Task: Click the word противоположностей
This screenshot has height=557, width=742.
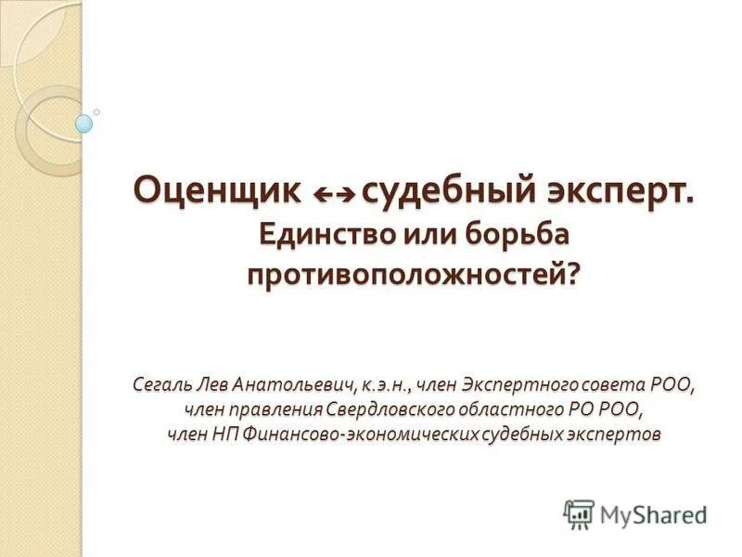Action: pos(405,276)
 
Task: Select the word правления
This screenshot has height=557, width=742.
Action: pos(277,408)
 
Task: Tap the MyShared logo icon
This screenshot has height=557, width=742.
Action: pos(579,513)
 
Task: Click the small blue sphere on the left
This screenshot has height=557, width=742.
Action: pos(84,123)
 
